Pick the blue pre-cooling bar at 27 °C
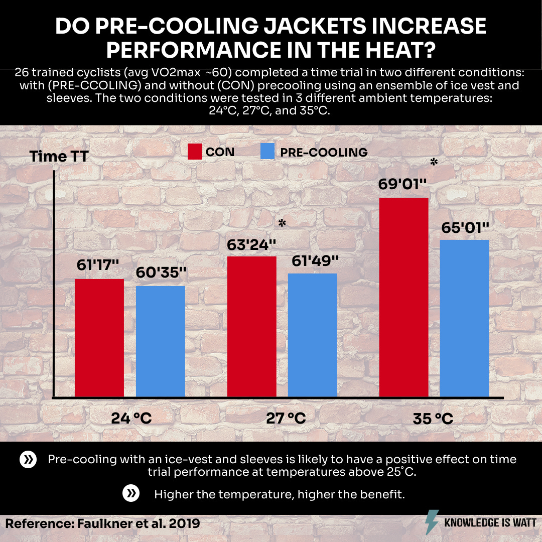tap(312, 335)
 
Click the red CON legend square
tap(195, 152)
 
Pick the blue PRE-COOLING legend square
tap(268, 152)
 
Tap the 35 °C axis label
tap(433, 418)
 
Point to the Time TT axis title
tap(59, 156)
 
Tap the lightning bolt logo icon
tap(432, 522)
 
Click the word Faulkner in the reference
tap(102, 523)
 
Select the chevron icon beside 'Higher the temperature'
tap(131, 494)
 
